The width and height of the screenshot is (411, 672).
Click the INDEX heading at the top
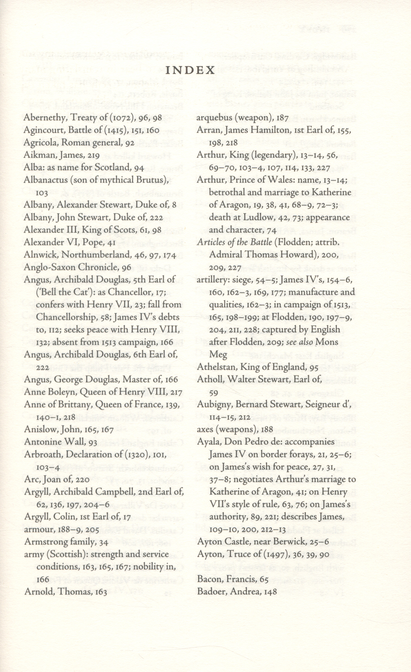coord(190,70)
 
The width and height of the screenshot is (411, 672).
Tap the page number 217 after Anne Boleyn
coord(176,392)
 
